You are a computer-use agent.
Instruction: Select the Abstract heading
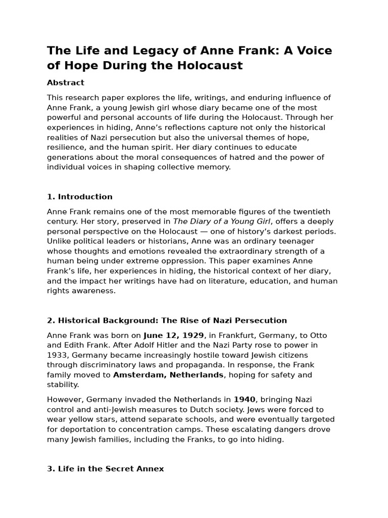click(x=66, y=82)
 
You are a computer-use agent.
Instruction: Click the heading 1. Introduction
click(x=80, y=197)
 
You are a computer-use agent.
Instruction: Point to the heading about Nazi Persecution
click(x=167, y=320)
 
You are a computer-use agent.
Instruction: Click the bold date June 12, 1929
click(x=174, y=335)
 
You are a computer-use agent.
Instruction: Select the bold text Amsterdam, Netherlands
click(x=168, y=375)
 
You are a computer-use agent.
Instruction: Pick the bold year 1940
click(x=245, y=400)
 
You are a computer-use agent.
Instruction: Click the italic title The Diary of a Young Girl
click(x=222, y=222)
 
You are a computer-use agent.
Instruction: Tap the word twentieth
click(x=311, y=211)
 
